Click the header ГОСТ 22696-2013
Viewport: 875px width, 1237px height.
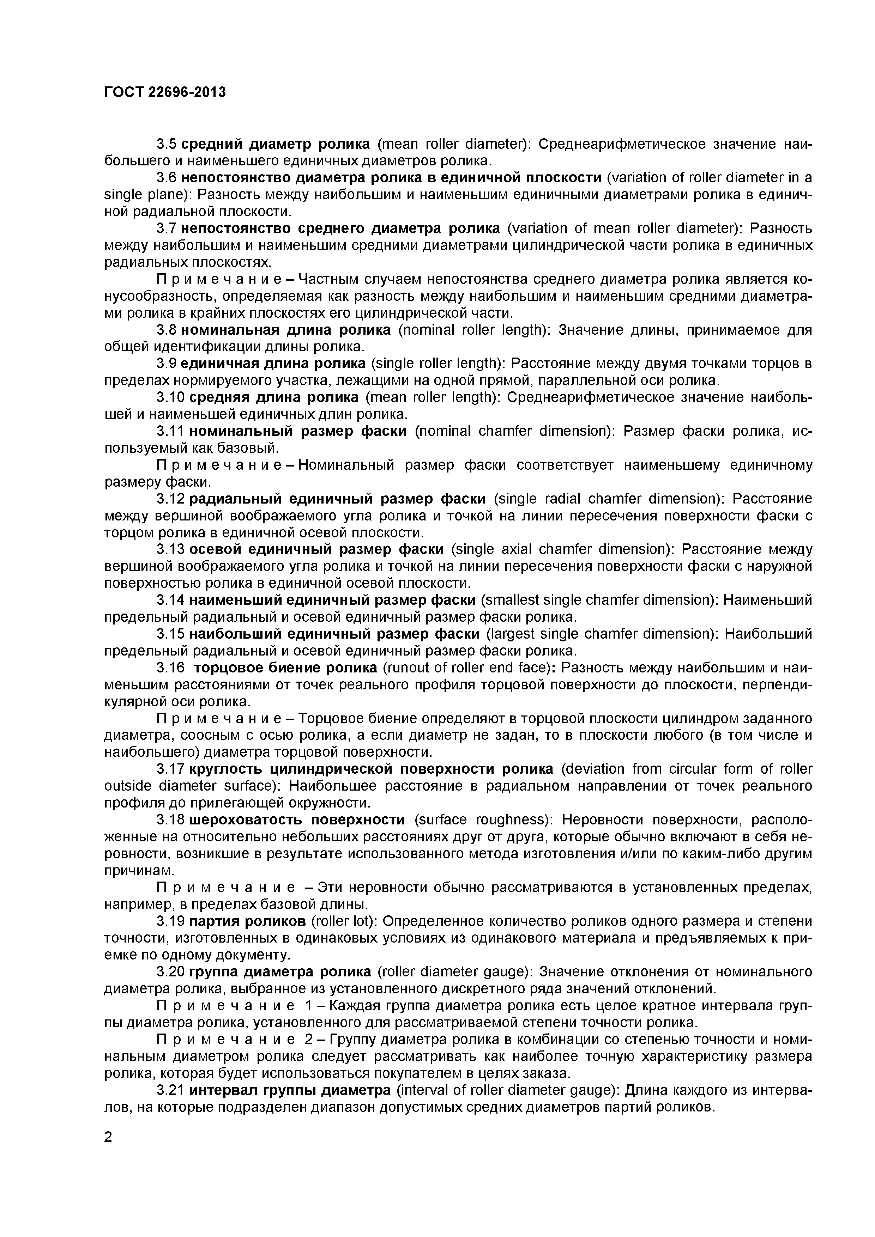165,93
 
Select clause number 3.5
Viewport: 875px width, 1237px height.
166,144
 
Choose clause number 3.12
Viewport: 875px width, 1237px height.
170,499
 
